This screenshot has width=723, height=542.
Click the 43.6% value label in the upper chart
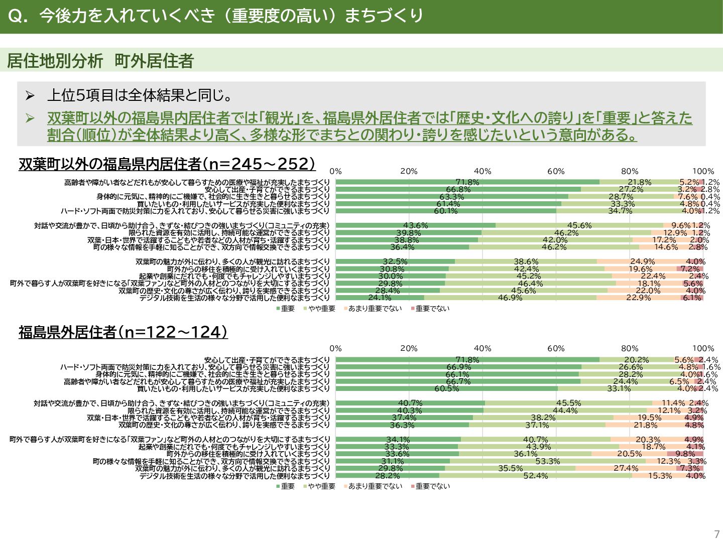point(415,225)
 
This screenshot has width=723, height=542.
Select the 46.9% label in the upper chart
point(510,298)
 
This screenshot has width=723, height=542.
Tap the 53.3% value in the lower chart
point(548,461)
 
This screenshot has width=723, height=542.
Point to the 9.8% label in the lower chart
point(685,454)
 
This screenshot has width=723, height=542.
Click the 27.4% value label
point(626,468)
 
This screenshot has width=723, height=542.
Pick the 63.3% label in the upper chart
point(452,197)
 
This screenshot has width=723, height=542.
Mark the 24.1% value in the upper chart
point(380,298)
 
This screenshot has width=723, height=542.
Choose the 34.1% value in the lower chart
point(398,440)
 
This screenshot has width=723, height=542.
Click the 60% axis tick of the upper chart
point(556,171)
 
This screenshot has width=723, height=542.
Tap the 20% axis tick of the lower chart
point(409,348)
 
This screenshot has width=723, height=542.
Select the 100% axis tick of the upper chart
point(703,171)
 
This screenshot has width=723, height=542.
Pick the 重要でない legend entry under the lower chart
point(432,486)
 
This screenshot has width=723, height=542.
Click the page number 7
point(716,534)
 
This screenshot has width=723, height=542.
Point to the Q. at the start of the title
point(19,16)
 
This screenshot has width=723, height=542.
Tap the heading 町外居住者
point(154,61)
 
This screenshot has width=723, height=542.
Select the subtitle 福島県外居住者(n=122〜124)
point(123,332)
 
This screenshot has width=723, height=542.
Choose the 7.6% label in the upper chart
point(688,197)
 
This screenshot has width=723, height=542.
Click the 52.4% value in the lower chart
point(536,476)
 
